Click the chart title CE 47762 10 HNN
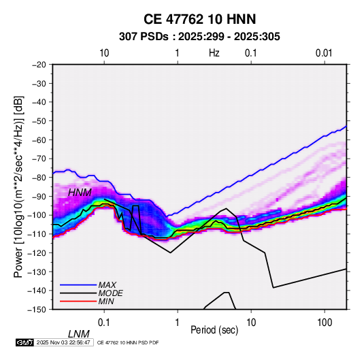(x=199, y=19)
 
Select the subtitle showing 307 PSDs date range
(x=199, y=37)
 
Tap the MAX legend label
(x=107, y=285)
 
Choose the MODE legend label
(x=110, y=293)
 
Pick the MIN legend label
(x=106, y=301)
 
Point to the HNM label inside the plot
(x=80, y=193)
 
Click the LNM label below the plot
(x=79, y=334)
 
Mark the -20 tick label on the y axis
(x=39, y=65)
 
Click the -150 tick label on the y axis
(x=37, y=310)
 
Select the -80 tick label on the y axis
(x=39, y=178)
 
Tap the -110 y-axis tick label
(x=37, y=234)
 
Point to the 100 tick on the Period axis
(x=325, y=323)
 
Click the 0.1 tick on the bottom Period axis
(x=104, y=323)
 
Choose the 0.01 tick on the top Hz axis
(x=324, y=53)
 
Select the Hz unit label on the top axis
(x=214, y=53)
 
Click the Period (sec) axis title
(x=214, y=330)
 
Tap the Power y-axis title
(x=18, y=187)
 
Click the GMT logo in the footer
(x=25, y=342)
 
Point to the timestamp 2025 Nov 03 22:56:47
(x=63, y=342)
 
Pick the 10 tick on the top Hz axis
(x=104, y=53)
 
